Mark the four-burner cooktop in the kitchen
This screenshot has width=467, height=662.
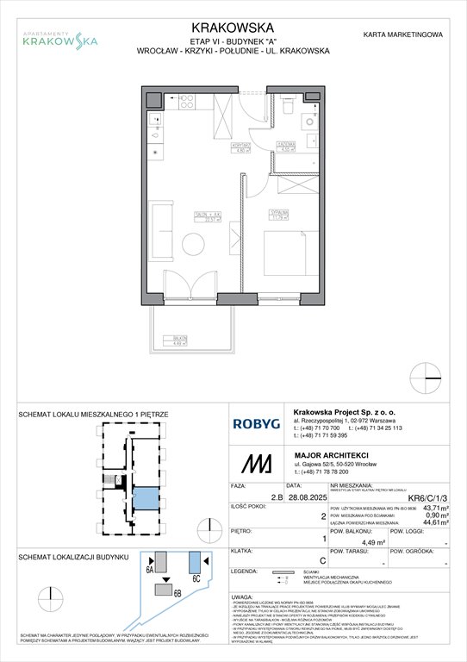(186, 103)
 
